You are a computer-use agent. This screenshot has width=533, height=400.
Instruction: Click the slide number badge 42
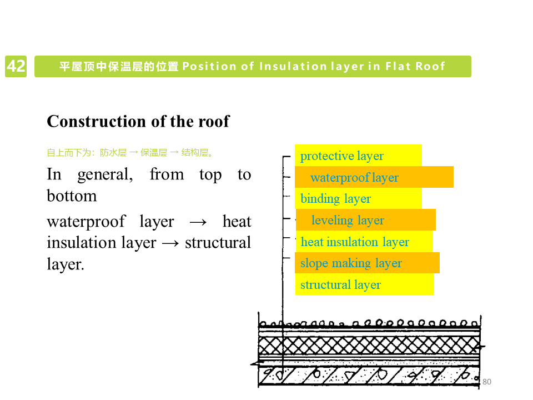coord(16,66)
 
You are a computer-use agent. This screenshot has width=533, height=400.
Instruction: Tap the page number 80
coord(487,382)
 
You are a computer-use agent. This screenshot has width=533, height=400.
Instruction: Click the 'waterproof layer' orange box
coord(374,177)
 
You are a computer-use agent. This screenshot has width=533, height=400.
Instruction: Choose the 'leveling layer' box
coord(365,220)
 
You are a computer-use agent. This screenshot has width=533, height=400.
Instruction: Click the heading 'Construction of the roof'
coord(138,121)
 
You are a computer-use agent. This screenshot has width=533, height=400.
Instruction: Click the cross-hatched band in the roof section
coord(369,346)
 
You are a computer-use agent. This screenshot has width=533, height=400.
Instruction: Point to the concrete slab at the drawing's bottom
coord(369,376)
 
